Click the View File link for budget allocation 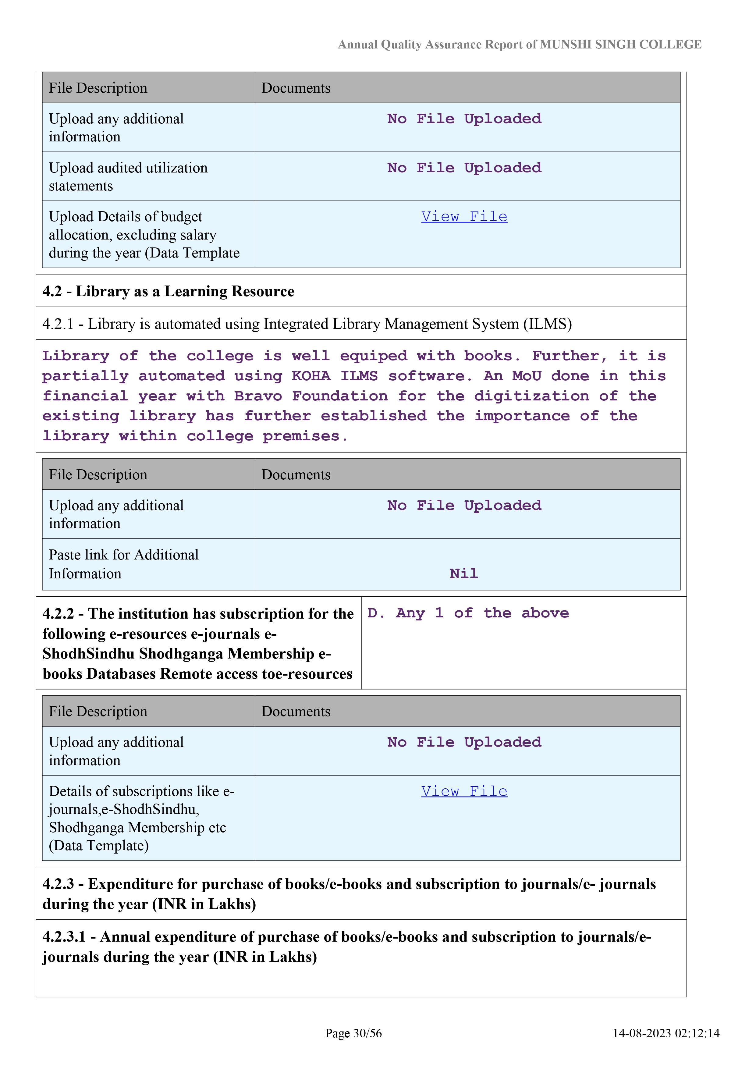464,217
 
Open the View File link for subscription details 464,791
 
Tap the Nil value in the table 464,574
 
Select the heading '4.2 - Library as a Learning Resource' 168,291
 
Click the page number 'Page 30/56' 353,1033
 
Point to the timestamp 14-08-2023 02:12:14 666,1033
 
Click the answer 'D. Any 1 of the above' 468,613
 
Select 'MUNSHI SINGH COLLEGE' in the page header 620,45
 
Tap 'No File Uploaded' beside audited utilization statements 464,168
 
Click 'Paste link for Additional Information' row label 124,564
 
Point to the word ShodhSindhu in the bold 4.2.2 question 88,654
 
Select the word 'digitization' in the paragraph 531,396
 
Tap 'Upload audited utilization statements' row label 128,177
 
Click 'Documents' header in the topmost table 296,88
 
